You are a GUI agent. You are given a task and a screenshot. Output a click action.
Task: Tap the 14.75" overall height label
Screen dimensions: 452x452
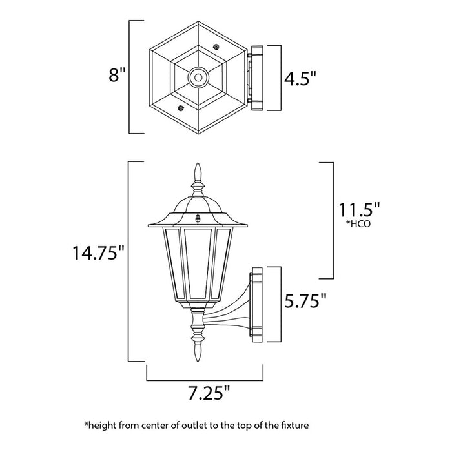[x=98, y=254]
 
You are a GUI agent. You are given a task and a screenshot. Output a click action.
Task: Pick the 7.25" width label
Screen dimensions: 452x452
[x=205, y=392]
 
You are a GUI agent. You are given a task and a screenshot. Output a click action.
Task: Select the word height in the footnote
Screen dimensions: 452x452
[x=103, y=426]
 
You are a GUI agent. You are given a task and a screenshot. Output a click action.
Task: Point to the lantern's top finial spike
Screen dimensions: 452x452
[x=198, y=172]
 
